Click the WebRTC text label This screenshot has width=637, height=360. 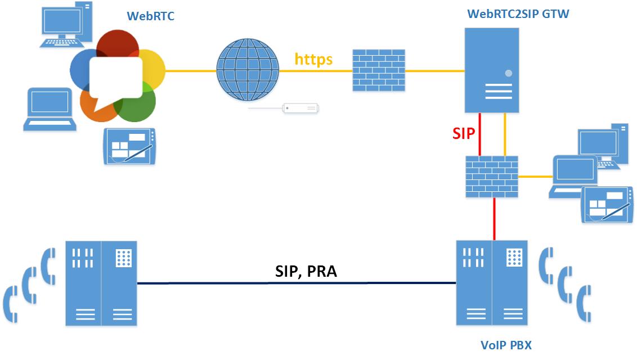[150, 16]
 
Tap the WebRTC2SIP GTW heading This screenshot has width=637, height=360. [518, 14]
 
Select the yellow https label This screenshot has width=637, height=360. [313, 58]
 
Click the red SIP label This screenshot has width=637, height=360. [464, 133]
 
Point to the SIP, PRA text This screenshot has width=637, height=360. [306, 272]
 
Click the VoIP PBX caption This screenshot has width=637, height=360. [505, 345]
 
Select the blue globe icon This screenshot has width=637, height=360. [248, 70]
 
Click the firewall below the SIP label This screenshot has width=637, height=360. [491, 176]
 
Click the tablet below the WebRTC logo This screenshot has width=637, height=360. [130, 146]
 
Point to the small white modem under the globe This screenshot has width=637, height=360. [300, 107]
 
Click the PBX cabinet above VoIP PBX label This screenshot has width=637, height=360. [492, 283]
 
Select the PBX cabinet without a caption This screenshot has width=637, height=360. [101, 283]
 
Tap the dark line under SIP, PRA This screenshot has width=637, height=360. [297, 283]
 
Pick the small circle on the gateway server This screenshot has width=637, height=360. [509, 73]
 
